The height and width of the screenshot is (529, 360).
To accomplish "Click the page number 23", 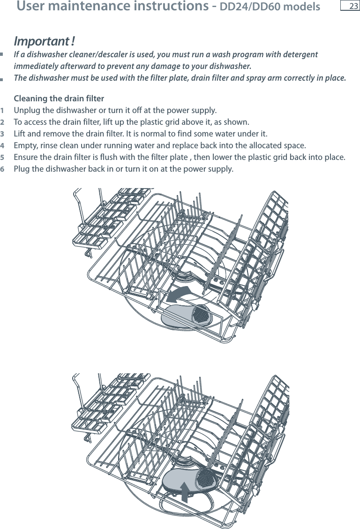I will (353, 6).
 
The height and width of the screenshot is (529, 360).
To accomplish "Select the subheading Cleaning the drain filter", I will (60, 98).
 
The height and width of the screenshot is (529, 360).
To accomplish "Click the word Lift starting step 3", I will (20, 134).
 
